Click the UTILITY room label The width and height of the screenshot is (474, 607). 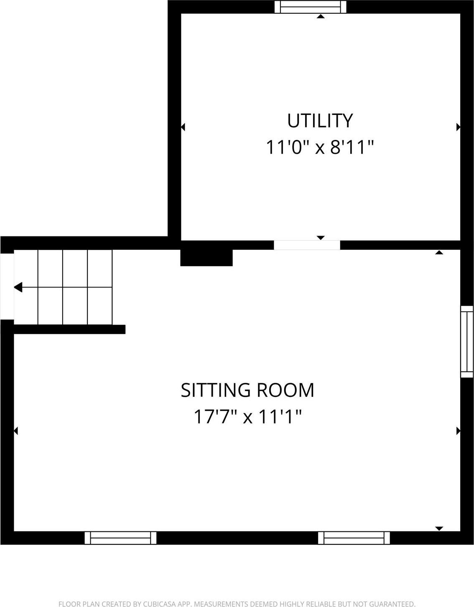320,121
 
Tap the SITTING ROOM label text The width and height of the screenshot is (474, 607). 247,390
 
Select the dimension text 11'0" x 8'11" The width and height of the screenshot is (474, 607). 320,147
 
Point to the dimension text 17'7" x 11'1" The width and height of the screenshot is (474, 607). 247,417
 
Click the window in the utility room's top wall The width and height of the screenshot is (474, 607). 310,7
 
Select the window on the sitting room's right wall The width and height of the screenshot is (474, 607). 467,342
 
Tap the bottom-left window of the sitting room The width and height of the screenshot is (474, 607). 120,538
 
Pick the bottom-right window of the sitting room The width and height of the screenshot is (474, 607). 354,538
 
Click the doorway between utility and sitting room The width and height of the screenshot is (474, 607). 307,245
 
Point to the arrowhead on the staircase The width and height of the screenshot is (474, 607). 18,287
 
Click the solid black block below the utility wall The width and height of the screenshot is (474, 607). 206,258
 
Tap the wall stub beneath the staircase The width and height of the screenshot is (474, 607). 69,329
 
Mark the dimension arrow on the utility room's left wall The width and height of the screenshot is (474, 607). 183,127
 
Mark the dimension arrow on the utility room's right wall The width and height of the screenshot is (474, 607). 458,127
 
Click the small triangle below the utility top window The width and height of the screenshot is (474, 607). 321,16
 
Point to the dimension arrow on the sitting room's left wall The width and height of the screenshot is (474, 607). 16,431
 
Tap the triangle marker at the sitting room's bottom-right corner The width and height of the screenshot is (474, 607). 439,528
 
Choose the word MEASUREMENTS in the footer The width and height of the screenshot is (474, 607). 221,604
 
